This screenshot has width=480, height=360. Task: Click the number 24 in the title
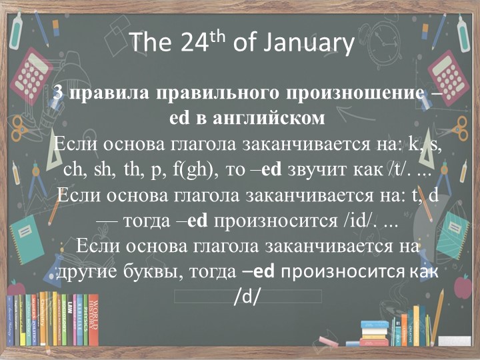(x=195, y=43)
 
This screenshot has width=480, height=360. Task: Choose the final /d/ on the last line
(x=246, y=297)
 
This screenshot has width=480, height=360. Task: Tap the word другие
(x=85, y=272)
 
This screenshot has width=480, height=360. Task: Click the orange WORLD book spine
(x=93, y=321)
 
